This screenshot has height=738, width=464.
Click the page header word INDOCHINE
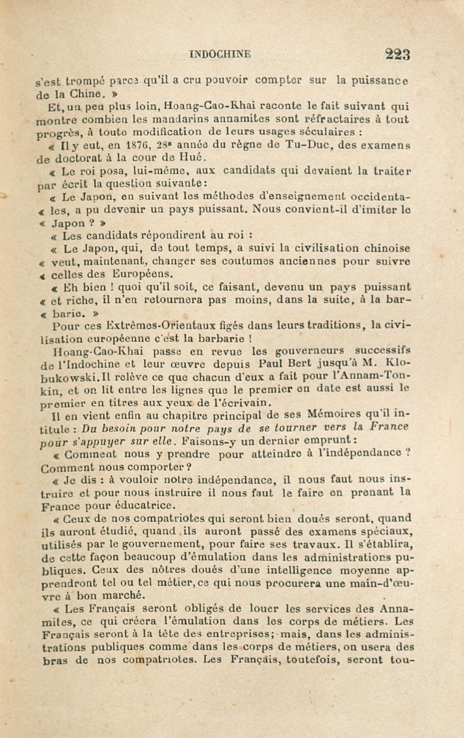coord(220,55)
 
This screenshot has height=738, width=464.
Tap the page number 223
coord(397,55)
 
